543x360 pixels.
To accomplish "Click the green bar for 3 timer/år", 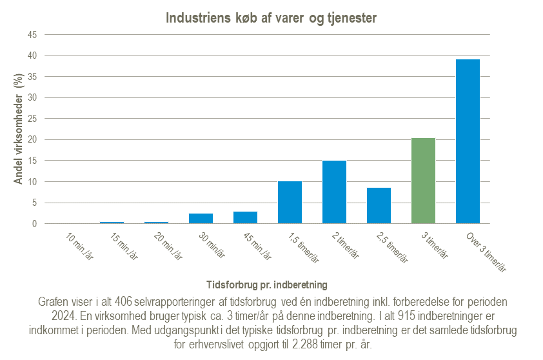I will pos(423,181).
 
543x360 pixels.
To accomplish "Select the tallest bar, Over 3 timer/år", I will pos(468,142).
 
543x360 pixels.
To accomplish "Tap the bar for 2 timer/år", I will pos(334,192).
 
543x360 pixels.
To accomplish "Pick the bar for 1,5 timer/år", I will pos(290,203).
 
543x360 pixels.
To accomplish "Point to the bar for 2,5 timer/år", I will pos(379,206).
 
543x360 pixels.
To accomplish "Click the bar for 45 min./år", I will pos(245,218).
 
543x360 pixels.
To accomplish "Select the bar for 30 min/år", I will pos(201,219).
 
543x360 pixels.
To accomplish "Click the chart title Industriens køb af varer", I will pos(271,18).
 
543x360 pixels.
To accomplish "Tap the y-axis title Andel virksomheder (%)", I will pos(19,128).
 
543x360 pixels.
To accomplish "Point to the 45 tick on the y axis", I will pos(30,35).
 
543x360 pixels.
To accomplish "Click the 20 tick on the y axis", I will pos(30,140).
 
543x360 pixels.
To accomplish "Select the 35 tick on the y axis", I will pos(30,77).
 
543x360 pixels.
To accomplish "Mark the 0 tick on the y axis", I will pos(33,224).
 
